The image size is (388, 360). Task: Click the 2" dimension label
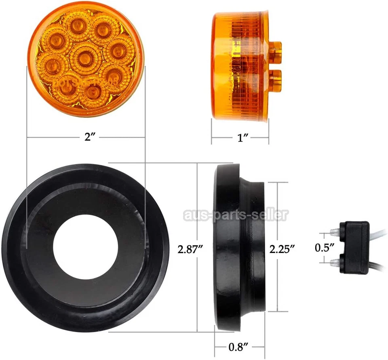(89, 137)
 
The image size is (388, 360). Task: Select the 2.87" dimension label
(190, 249)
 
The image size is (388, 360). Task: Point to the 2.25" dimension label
(282, 249)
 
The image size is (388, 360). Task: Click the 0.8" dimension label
(238, 346)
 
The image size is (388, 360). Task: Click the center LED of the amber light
(85, 59)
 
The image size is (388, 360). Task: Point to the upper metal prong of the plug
(335, 232)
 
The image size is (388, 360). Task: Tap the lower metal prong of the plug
(335, 263)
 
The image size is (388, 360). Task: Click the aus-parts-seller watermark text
(236, 215)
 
